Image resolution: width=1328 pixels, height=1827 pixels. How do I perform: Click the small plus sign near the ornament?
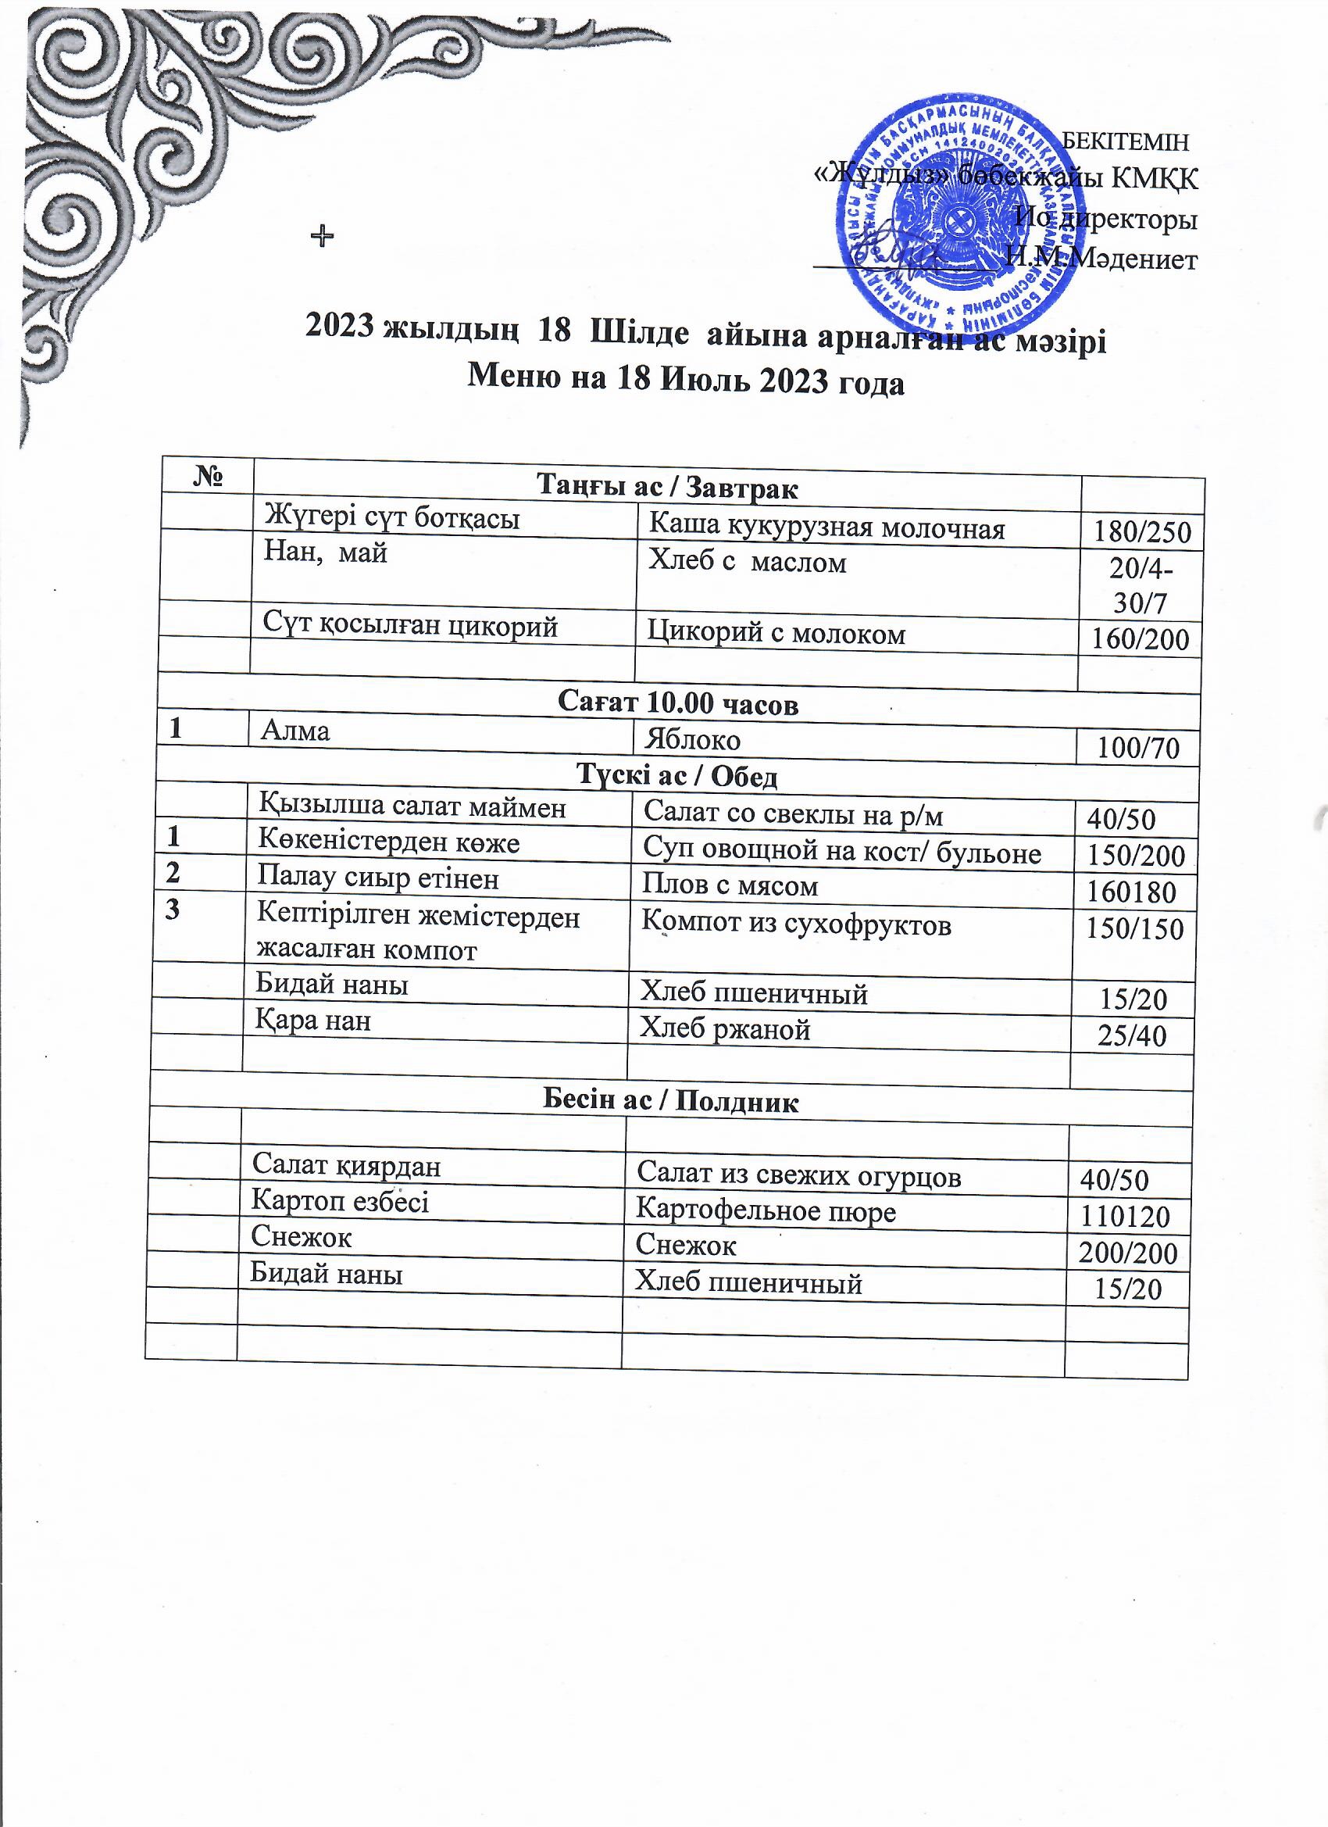pyautogui.click(x=322, y=235)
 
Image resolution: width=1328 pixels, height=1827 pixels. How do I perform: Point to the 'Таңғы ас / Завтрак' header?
pyautogui.click(x=667, y=487)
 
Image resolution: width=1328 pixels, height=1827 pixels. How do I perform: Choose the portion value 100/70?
pyautogui.click(x=1138, y=749)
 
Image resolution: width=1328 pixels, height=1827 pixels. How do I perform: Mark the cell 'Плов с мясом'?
pyautogui.click(x=730, y=886)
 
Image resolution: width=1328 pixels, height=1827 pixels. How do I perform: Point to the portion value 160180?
pyautogui.click(x=1130, y=892)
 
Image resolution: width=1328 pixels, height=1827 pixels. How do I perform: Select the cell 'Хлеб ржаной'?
pyautogui.click(x=724, y=1028)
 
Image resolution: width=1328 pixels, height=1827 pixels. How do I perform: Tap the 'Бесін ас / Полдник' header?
pyautogui.click(x=670, y=1101)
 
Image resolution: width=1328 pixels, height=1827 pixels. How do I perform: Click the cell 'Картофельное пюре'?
pyautogui.click(x=765, y=1210)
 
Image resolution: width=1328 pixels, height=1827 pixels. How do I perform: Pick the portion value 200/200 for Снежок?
pyautogui.click(x=1127, y=1253)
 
